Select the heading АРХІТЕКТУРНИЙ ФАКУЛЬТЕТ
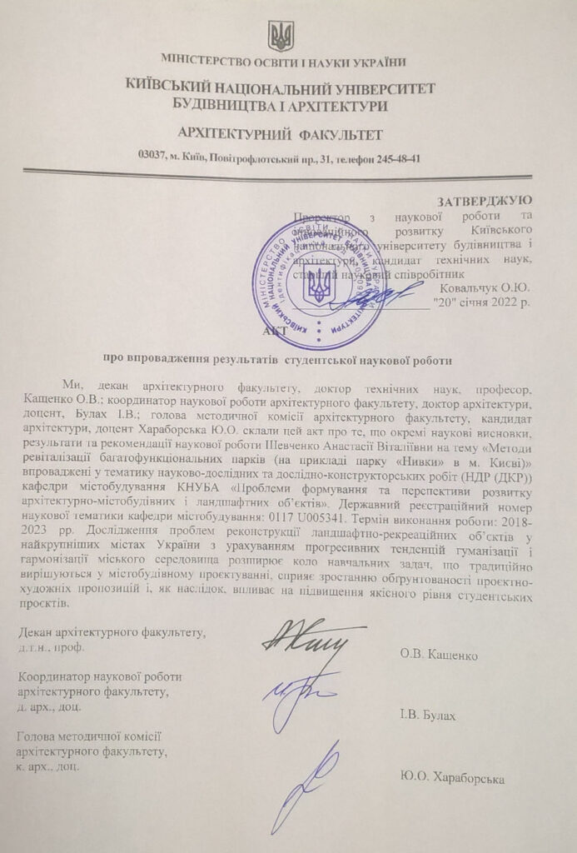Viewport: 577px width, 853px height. (281, 133)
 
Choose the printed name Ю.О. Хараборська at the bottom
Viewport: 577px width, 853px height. (452, 779)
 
